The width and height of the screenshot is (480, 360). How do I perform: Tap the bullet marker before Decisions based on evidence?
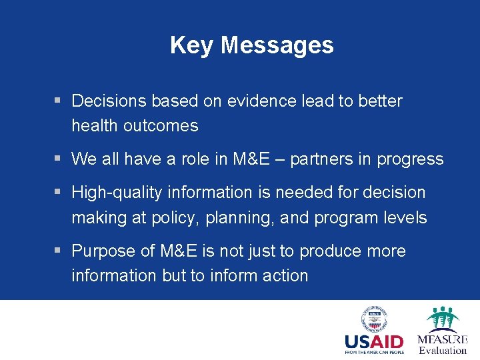[x=59, y=101]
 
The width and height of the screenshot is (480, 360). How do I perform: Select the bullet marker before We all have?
[x=59, y=159]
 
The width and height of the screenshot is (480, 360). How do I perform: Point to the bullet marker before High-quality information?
[x=59, y=193]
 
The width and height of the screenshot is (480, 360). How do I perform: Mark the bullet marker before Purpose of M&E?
[x=59, y=251]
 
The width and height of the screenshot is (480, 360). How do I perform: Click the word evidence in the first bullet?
[x=256, y=101]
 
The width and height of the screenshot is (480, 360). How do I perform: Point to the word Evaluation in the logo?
[x=443, y=351]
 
